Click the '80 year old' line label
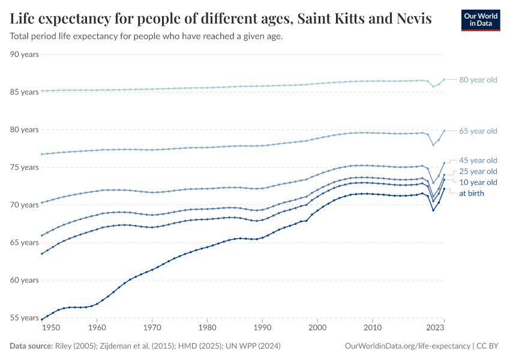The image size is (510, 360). pos(478,80)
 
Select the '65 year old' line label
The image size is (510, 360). pos(478,131)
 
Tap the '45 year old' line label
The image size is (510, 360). pos(478,160)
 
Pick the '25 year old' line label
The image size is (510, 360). pos(478,171)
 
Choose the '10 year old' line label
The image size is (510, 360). pos(478,182)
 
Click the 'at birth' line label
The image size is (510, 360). pos(471,193)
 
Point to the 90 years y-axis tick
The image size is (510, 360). pos(25,55)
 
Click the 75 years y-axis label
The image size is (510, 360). pos(25,167)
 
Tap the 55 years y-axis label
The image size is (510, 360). pos(25,318)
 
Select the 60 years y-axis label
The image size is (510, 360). pos(25,280)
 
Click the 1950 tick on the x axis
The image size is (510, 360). pos(51,328)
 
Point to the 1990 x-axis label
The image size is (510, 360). pos(262,328)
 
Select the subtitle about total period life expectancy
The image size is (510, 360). pos(146,36)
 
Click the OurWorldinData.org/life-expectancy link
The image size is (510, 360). pos(408,346)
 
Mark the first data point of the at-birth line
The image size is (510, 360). pos(42,319)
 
